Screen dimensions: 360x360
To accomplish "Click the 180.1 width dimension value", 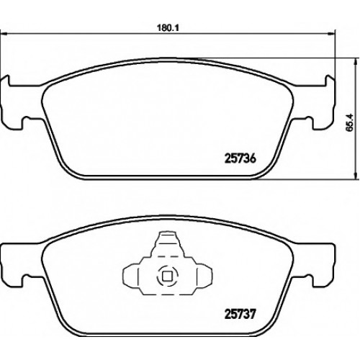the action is pyautogui.click(x=168, y=28).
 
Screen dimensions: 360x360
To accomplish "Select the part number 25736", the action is pyautogui.click(x=240, y=158).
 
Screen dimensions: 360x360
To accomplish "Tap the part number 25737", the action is pyautogui.click(x=240, y=314).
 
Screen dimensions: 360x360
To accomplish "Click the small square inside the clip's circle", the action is pyautogui.click(x=167, y=276).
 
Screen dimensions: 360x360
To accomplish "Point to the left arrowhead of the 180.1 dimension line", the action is pyautogui.click(x=4, y=35).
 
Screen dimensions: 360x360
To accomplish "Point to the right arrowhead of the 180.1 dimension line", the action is pyautogui.click(x=331, y=35).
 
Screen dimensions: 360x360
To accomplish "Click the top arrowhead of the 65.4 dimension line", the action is pyautogui.click(x=355, y=62).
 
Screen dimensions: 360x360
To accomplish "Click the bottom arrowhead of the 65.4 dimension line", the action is pyautogui.click(x=355, y=175).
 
